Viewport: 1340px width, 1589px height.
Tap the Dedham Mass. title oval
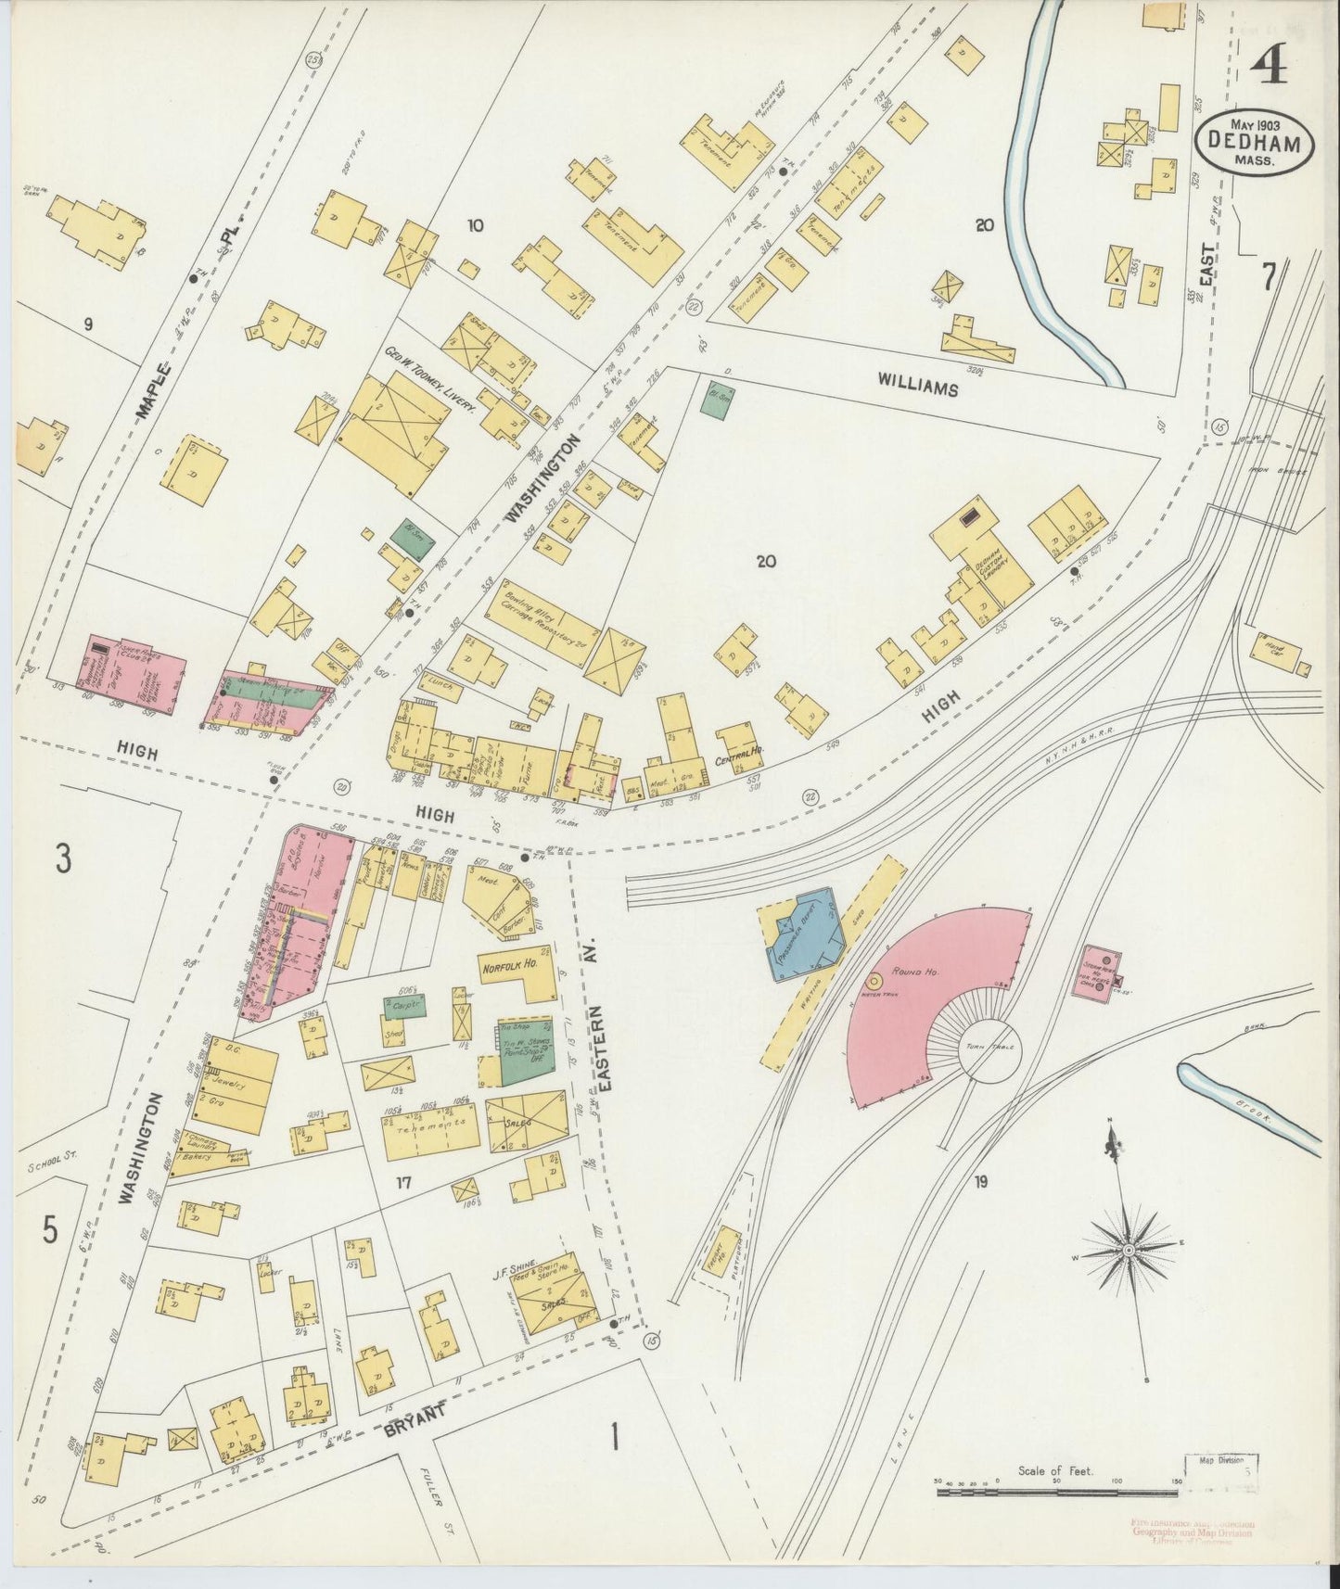(1254, 143)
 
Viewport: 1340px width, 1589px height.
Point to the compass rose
(1129, 1251)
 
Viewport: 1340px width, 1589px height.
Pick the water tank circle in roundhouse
(874, 981)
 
